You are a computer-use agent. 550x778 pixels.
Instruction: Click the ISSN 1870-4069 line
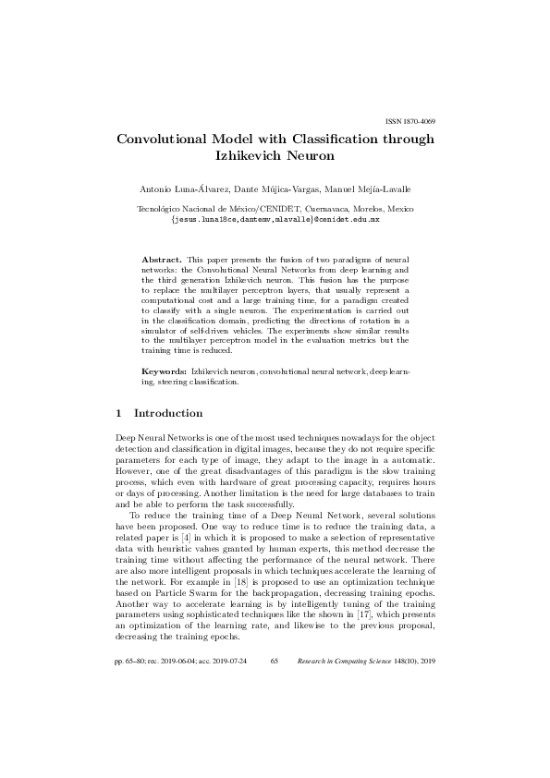pos(409,122)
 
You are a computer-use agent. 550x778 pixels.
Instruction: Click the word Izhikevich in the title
pos(250,156)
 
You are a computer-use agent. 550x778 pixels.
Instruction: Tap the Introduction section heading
pos(168,413)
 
